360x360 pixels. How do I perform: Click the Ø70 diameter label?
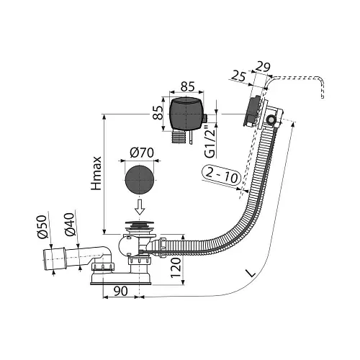(142, 153)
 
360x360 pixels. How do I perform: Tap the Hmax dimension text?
(96, 173)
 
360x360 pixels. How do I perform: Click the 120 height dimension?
(176, 268)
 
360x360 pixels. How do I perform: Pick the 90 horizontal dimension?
(120, 291)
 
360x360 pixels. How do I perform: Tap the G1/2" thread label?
(210, 144)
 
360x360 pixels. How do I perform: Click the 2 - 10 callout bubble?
(221, 176)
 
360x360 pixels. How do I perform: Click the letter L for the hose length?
(251, 273)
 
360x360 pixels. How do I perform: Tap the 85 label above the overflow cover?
(188, 87)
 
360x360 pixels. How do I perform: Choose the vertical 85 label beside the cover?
(158, 113)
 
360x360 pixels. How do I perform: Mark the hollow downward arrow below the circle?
(140, 207)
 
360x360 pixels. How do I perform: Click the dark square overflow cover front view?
(186, 114)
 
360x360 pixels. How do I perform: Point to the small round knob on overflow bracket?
(271, 119)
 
